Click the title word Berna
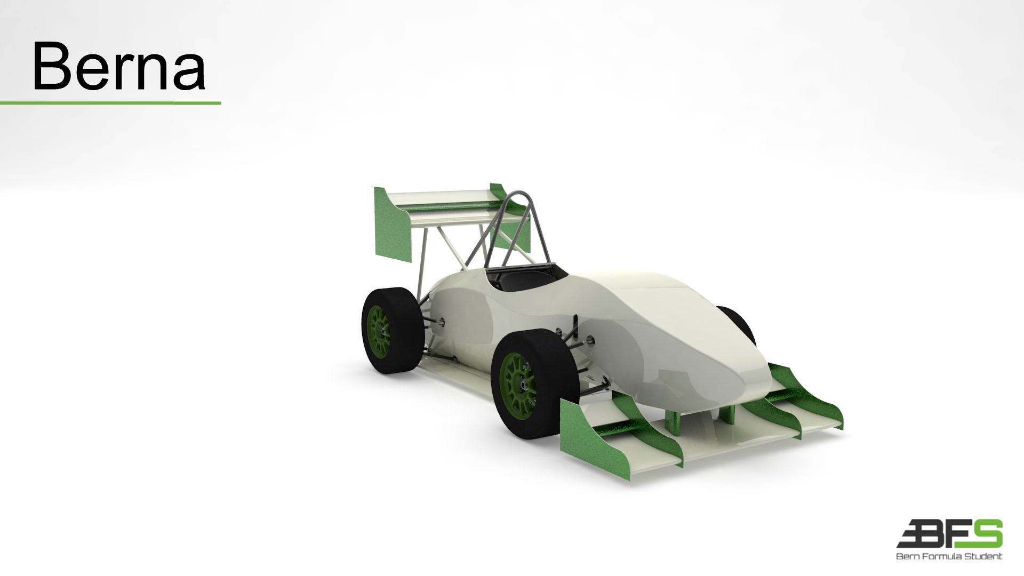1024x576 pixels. coord(118,67)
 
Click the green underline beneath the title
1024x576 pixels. coord(110,102)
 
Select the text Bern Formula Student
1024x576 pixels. coord(949,556)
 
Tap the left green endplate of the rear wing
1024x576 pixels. coord(393,225)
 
